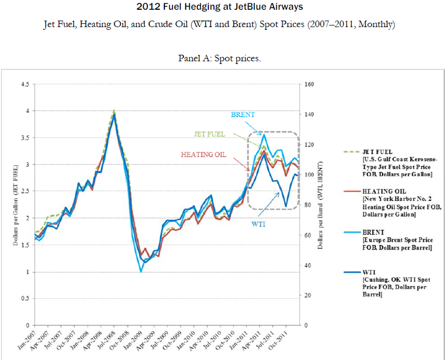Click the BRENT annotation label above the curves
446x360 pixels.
click(243, 115)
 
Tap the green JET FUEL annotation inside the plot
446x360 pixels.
click(210, 134)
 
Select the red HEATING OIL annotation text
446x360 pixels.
click(203, 155)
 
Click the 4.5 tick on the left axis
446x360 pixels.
click(24, 84)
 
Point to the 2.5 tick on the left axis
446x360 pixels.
click(24, 191)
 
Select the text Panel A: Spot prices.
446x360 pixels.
click(219, 58)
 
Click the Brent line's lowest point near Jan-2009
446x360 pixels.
click(141, 271)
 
